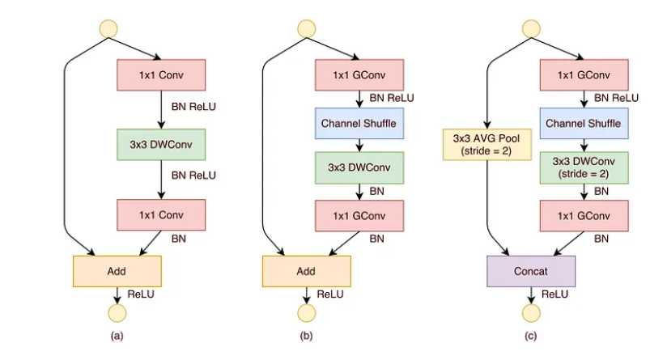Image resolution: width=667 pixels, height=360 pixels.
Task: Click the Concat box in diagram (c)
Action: (x=530, y=271)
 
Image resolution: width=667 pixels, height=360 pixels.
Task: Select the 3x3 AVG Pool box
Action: (x=485, y=146)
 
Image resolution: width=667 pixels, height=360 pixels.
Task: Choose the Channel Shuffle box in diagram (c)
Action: (x=583, y=124)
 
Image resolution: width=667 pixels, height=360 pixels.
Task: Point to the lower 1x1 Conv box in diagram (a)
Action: (x=162, y=214)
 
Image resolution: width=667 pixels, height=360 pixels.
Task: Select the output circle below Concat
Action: (x=530, y=313)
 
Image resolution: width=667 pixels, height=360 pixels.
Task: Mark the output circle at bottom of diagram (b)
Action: (x=307, y=313)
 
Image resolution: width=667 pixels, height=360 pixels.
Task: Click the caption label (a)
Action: (x=117, y=335)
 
